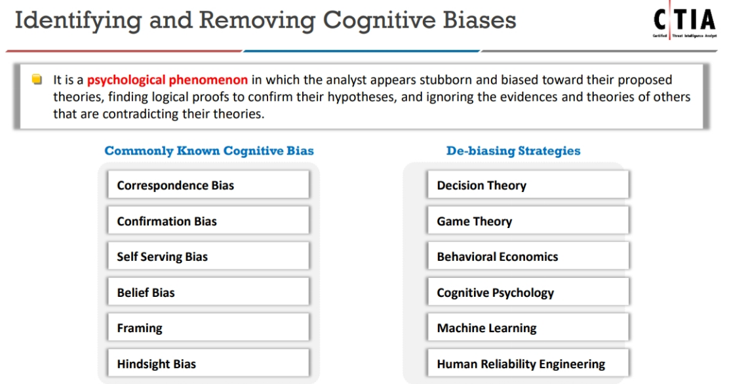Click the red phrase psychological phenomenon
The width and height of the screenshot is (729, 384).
tap(167, 80)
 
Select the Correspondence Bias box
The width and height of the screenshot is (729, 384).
tap(208, 185)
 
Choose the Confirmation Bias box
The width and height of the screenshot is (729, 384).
tap(208, 221)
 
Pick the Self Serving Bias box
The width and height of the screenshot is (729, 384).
tap(208, 257)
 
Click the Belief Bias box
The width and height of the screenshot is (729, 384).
tap(208, 293)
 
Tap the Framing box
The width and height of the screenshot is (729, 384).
tap(208, 328)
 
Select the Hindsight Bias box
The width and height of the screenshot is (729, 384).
tap(208, 364)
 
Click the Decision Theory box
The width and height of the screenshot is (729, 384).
tap(528, 185)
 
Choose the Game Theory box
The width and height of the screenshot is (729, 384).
tap(528, 221)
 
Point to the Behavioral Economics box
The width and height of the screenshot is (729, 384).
tap(528, 257)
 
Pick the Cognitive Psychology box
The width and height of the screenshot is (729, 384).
tap(528, 293)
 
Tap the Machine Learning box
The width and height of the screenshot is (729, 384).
tap(528, 328)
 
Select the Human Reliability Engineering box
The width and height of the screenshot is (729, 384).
tap(528, 364)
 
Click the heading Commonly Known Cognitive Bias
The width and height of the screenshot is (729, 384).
tap(209, 151)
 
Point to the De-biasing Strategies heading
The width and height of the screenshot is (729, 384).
tap(513, 151)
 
